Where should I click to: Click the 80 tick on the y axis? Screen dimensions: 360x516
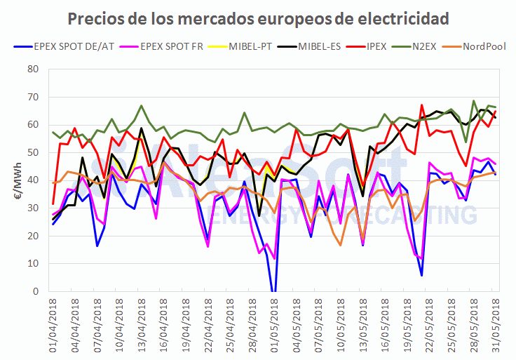(32, 69)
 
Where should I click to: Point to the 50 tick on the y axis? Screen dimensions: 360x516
(32, 152)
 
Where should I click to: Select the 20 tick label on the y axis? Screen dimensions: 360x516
(32, 236)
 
